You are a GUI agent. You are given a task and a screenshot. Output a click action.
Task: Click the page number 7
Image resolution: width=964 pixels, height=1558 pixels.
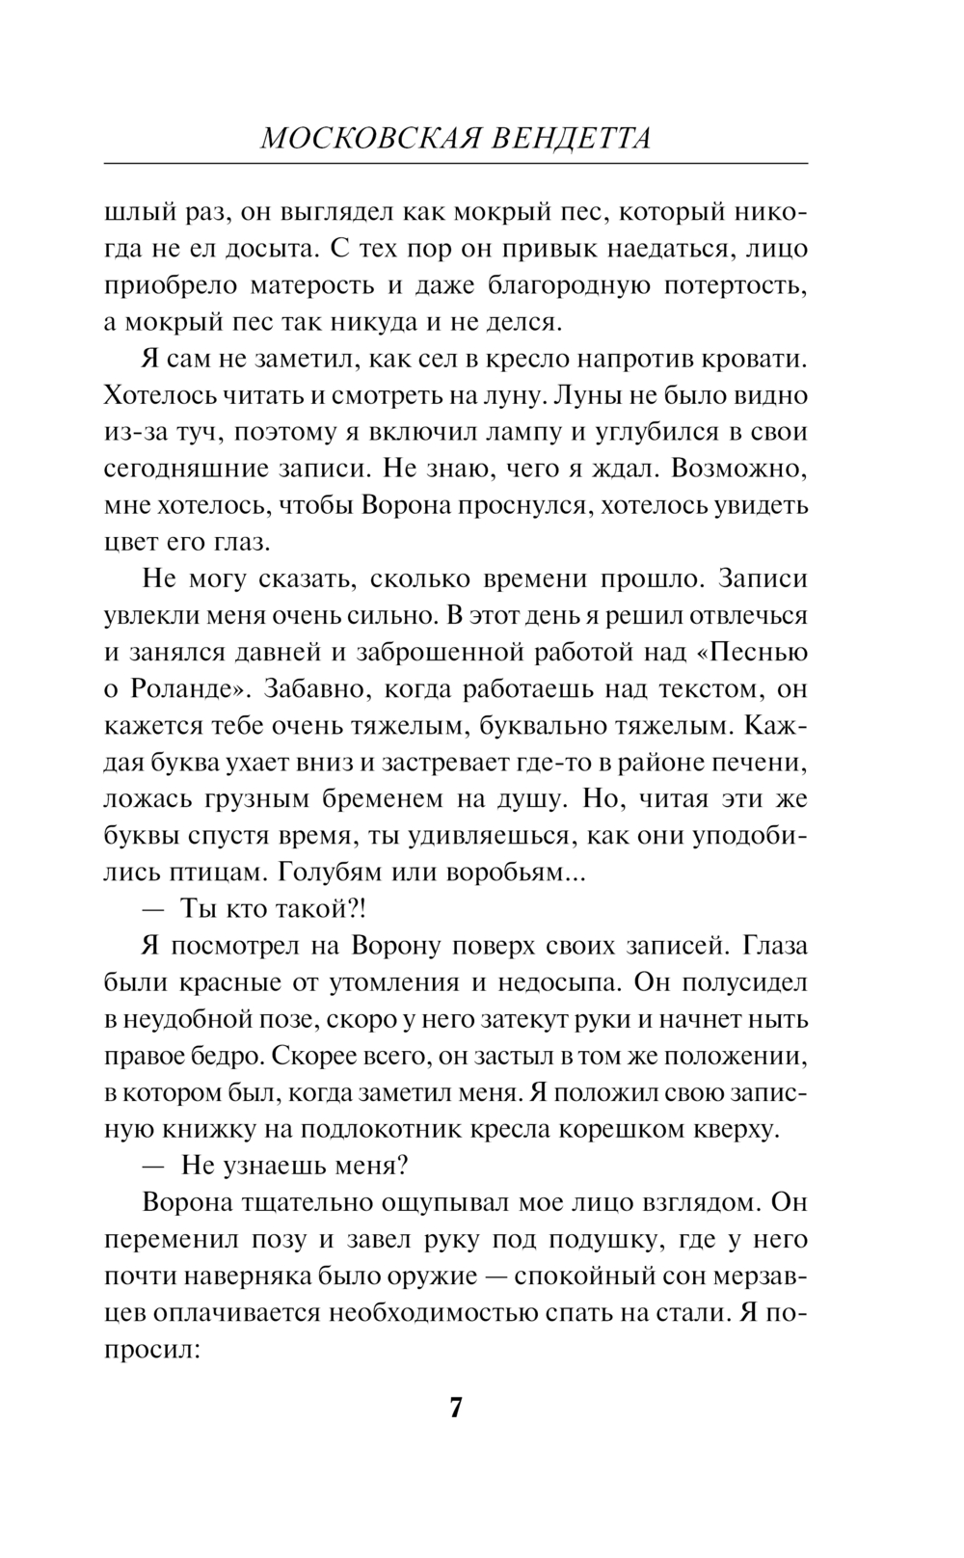tap(456, 1409)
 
